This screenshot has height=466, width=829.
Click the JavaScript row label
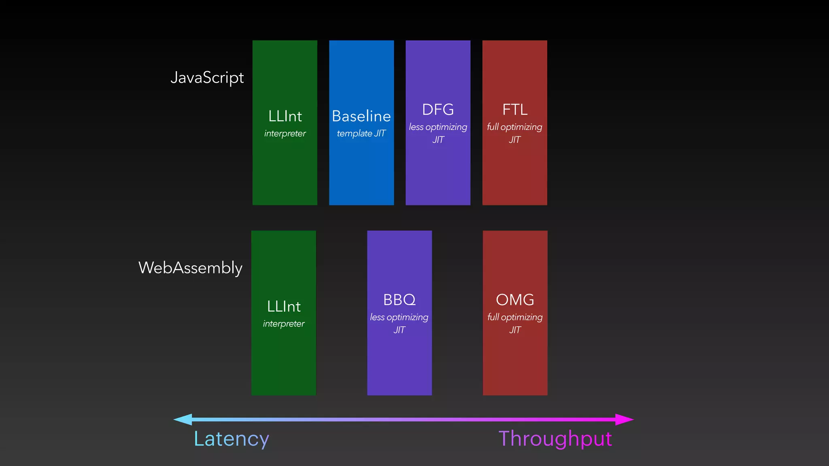click(207, 78)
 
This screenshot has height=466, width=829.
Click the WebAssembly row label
click(190, 268)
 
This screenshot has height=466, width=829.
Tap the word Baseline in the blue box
click(361, 116)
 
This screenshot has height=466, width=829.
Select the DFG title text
click(438, 109)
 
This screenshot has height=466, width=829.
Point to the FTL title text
click(514, 109)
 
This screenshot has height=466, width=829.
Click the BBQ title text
click(399, 300)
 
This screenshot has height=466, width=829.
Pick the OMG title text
click(515, 300)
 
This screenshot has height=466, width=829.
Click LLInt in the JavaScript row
click(285, 116)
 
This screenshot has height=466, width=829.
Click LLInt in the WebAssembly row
click(284, 306)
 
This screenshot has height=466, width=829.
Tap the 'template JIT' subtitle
click(361, 133)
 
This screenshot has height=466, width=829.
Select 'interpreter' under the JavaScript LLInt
click(285, 133)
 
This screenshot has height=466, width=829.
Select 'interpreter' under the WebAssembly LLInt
click(284, 324)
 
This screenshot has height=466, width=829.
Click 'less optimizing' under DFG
click(438, 127)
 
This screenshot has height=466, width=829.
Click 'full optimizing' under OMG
click(515, 317)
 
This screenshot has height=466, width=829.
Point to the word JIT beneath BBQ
click(399, 330)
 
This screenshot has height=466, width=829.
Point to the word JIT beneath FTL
click(514, 140)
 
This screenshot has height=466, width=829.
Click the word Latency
click(231, 439)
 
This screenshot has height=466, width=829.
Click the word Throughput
click(555, 439)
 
